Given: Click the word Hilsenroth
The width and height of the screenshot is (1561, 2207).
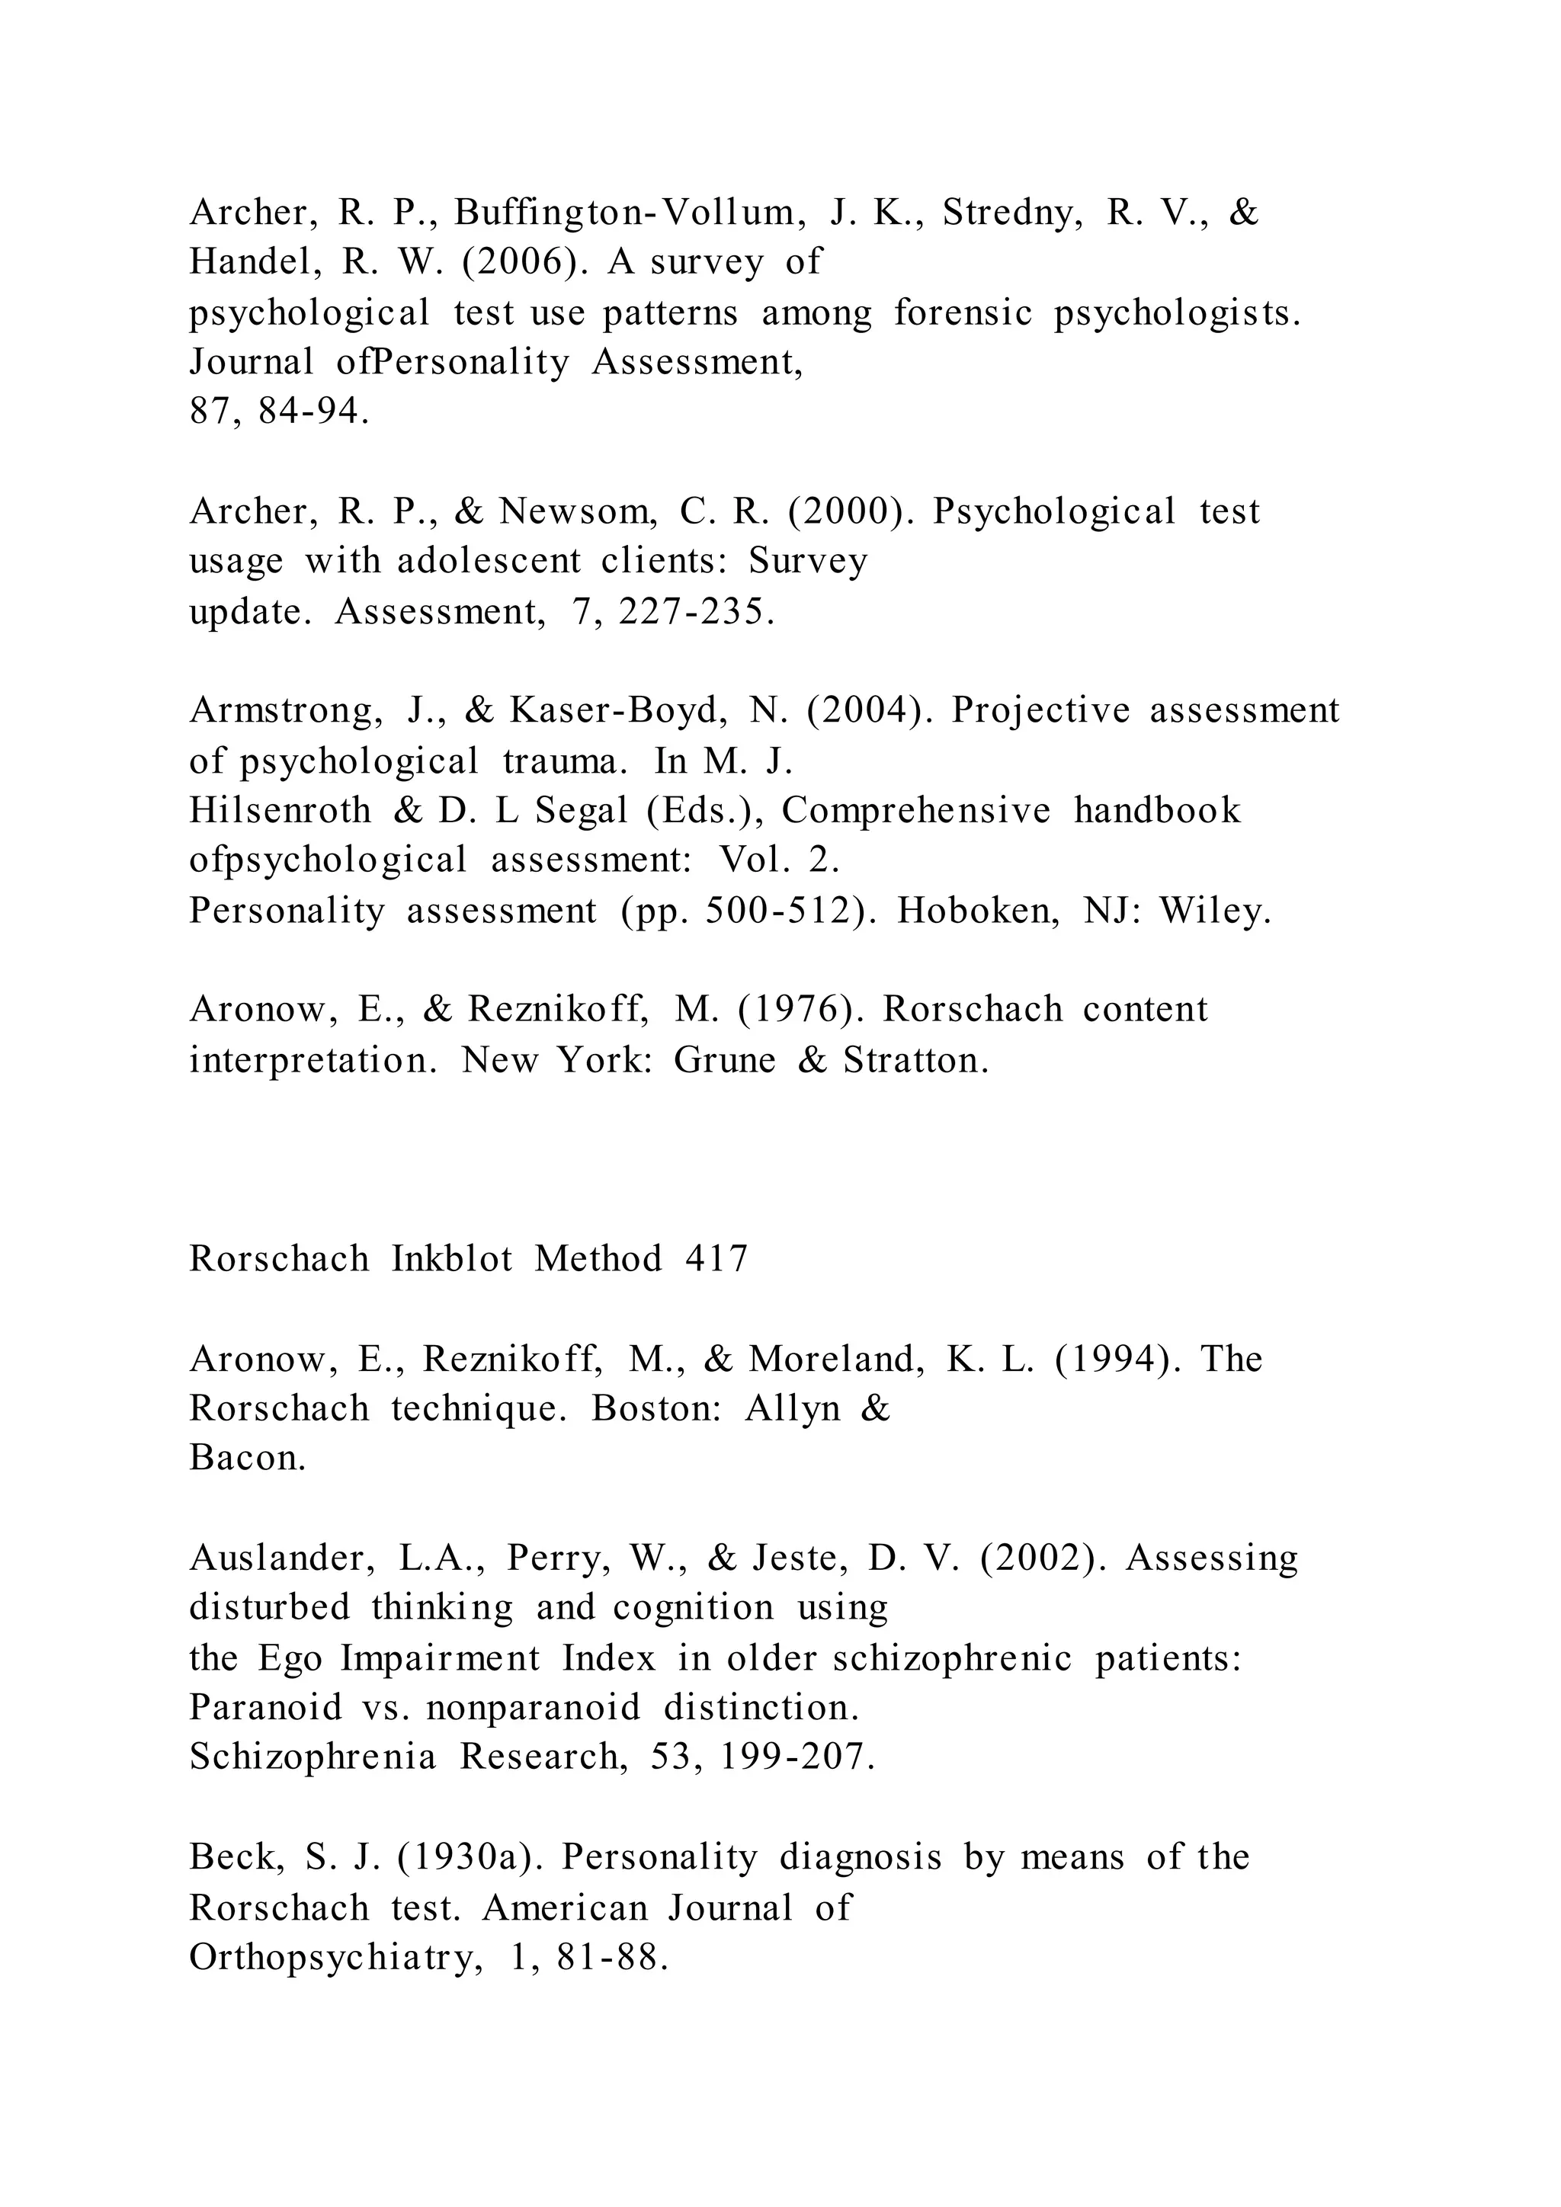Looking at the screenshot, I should [280, 810].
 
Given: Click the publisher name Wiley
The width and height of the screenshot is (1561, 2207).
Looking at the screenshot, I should [1215, 910].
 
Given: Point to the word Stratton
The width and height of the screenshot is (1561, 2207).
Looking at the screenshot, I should [916, 1060].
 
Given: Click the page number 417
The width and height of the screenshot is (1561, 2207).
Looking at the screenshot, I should [716, 1259].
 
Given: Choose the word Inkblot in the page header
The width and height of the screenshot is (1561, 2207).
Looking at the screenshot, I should [452, 1259].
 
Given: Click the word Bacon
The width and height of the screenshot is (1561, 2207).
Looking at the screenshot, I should [247, 1458].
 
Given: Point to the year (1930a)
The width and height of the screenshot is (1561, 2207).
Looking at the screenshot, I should [468, 1857].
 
